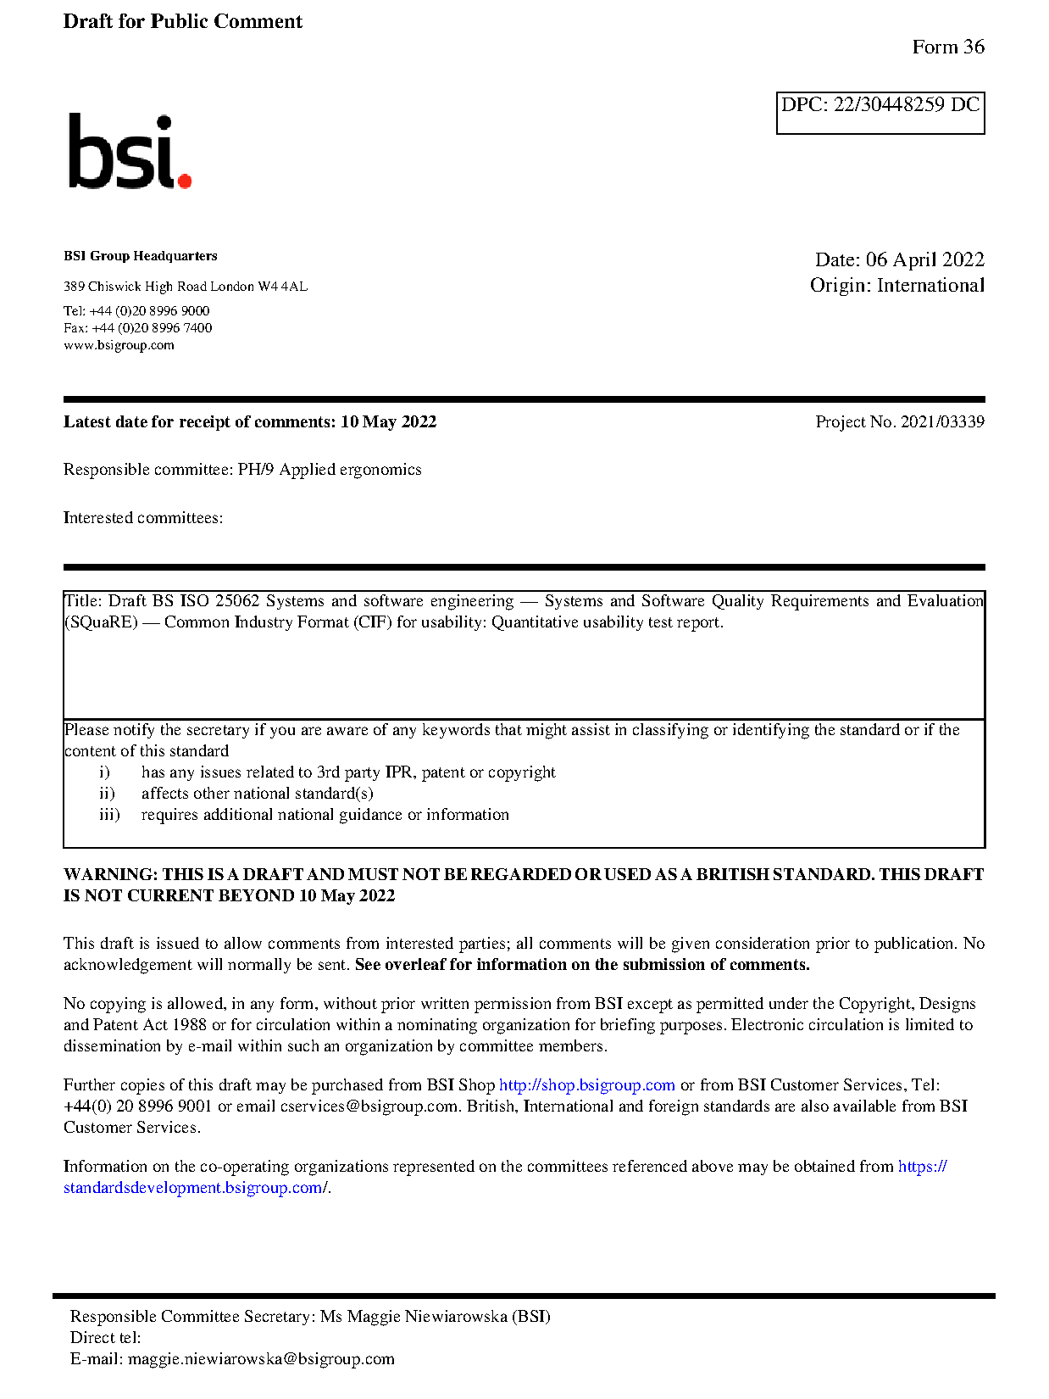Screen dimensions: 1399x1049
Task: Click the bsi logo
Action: point(129,153)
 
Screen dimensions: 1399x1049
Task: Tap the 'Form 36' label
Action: point(947,47)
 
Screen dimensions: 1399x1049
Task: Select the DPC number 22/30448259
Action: point(888,105)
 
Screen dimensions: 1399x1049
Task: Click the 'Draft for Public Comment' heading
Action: point(182,22)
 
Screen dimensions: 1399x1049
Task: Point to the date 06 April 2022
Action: point(924,259)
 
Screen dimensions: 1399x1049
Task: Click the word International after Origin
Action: point(930,286)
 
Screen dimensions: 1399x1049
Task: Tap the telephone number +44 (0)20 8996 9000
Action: point(149,311)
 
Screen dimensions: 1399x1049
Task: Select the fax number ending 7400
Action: point(152,328)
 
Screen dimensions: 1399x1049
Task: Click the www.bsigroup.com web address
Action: point(119,345)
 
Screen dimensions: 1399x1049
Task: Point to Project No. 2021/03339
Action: point(899,422)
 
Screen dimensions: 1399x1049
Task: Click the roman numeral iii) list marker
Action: point(109,815)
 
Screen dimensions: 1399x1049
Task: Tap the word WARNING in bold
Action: point(110,875)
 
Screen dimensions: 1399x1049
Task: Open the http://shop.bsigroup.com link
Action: point(586,1085)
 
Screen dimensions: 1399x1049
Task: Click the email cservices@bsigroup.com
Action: point(369,1106)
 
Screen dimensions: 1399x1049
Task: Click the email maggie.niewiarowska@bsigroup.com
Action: point(261,1359)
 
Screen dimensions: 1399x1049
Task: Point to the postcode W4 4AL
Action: point(282,287)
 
